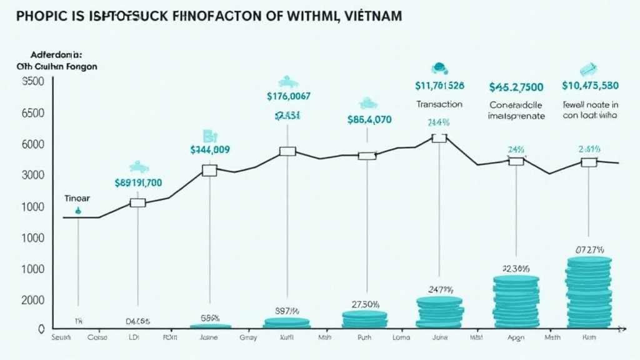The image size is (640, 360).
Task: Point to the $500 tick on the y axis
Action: click(33, 82)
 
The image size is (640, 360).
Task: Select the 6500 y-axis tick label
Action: click(33, 114)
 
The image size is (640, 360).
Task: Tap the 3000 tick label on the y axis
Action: click(32, 176)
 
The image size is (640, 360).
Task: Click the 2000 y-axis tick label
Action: click(32, 300)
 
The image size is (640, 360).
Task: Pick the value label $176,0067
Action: click(288, 96)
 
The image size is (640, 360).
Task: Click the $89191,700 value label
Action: click(139, 183)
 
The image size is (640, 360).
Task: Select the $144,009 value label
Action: click(210, 150)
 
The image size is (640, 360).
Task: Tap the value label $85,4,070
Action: click(369, 119)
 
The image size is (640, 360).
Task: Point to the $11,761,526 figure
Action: click(439, 85)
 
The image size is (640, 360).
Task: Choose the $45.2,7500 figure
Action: click(516, 87)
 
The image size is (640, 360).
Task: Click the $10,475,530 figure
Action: click(590, 86)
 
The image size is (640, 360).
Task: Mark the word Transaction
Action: click(439, 104)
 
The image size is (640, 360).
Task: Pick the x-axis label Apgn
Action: click(516, 337)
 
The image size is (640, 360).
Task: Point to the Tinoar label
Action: click(77, 197)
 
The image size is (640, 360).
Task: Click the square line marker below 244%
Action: click(439, 138)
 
